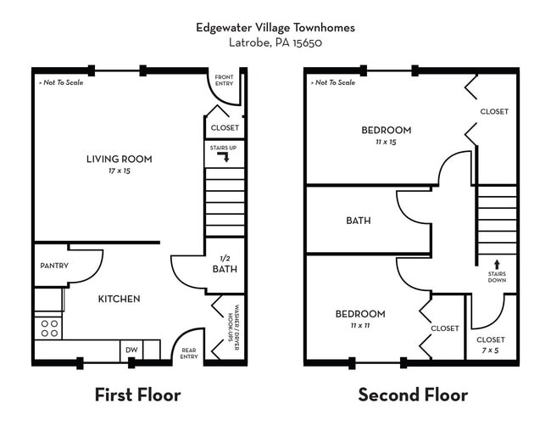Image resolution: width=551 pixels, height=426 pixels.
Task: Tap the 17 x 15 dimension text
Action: (x=119, y=171)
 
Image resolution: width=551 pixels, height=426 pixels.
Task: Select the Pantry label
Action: (x=53, y=266)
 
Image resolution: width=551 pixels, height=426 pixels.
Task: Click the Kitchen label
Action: (x=119, y=299)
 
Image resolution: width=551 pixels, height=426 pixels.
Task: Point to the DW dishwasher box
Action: (x=131, y=350)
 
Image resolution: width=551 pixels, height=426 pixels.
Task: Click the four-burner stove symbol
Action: (x=49, y=328)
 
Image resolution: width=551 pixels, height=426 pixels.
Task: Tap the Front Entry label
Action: (x=225, y=81)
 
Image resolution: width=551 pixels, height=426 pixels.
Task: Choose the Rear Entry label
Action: (x=189, y=353)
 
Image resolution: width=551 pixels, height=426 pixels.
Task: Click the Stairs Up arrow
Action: (x=225, y=157)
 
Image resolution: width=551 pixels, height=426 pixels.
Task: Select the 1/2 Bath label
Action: (x=225, y=265)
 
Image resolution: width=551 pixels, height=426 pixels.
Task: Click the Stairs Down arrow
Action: (x=497, y=265)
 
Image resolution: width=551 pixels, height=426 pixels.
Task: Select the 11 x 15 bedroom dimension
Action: (x=386, y=142)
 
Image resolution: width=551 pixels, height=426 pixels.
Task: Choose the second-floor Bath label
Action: (x=358, y=221)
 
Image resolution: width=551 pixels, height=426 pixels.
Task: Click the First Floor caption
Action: (x=137, y=395)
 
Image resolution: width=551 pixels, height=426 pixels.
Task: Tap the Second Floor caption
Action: (x=413, y=395)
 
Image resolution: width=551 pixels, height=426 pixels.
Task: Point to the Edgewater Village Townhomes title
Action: (x=275, y=27)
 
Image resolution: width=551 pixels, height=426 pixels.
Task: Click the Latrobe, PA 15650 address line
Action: (x=275, y=42)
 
